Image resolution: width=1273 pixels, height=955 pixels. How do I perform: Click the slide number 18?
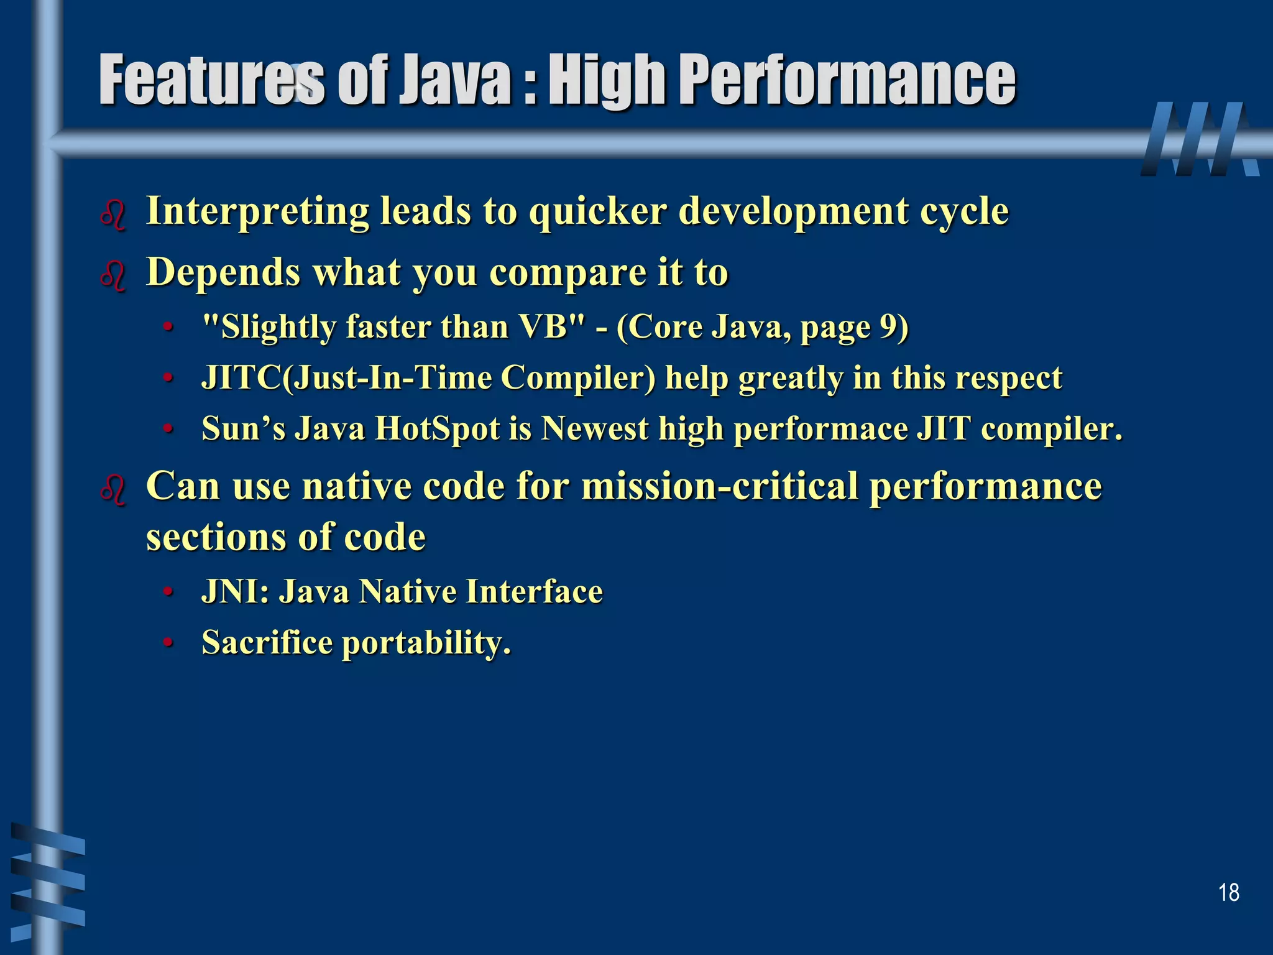tap(1228, 893)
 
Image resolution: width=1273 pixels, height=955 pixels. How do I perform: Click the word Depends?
tap(223, 272)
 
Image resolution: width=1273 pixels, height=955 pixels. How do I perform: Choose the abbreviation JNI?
tap(235, 591)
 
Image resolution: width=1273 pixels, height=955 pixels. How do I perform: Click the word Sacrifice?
tap(267, 642)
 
